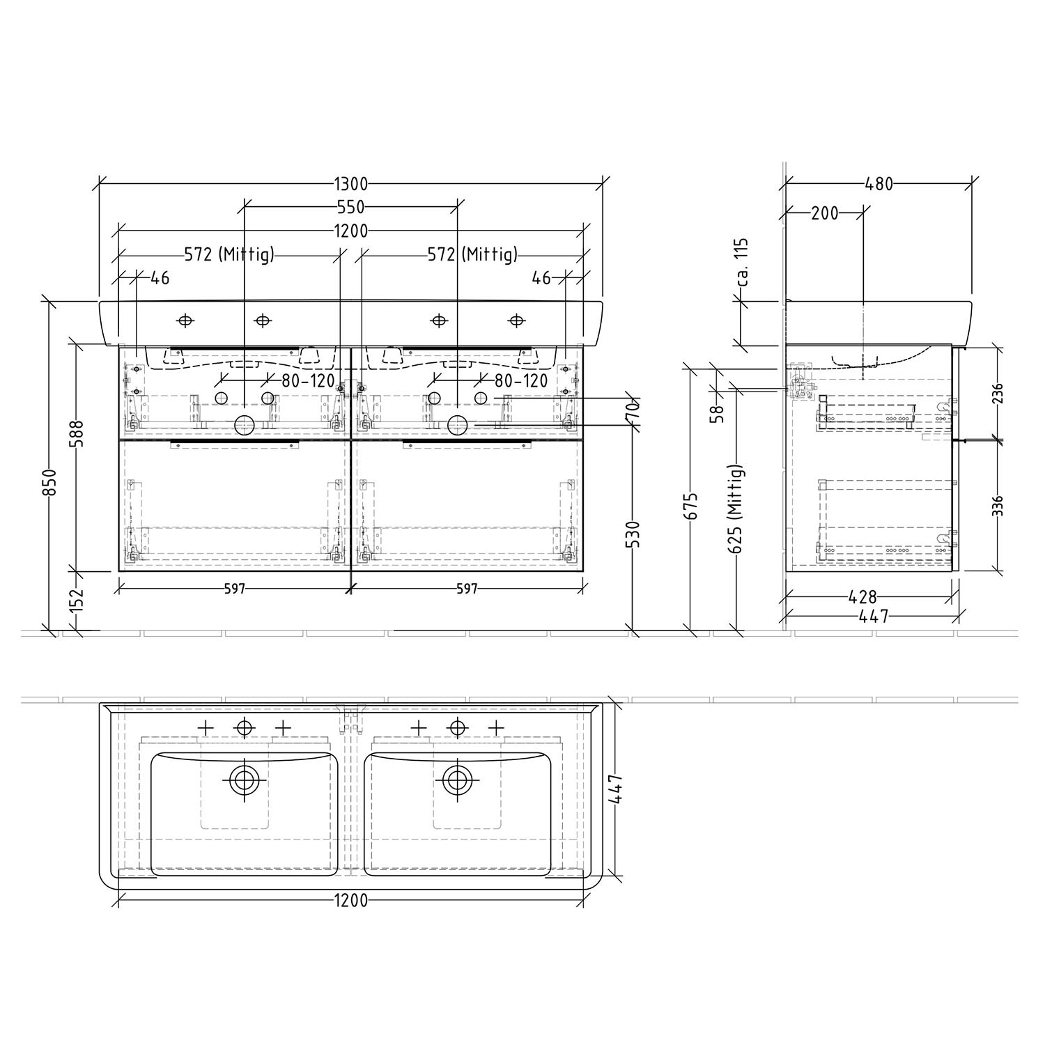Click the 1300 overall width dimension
pos(350,184)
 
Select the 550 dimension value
pos(350,207)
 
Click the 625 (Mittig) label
pos(737,509)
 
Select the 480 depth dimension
pos(878,184)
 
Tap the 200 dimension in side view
pos(825,213)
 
